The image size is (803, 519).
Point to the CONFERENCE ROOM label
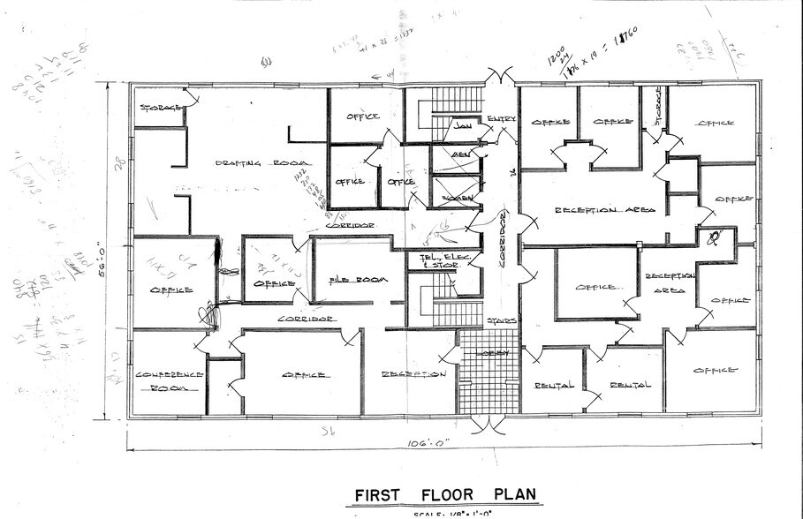click(x=170, y=380)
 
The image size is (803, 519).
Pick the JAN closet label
click(x=462, y=126)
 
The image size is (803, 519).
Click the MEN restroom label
click(x=460, y=155)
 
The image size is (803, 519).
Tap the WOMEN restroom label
click(x=457, y=199)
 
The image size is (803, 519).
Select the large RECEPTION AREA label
click(x=604, y=210)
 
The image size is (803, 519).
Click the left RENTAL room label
click(x=555, y=385)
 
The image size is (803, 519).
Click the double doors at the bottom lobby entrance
click(x=488, y=425)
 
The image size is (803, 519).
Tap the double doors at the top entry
click(x=500, y=77)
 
